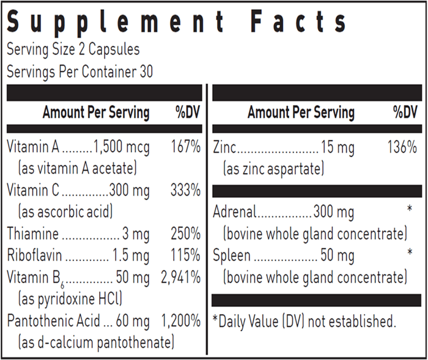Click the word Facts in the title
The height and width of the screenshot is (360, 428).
(298, 21)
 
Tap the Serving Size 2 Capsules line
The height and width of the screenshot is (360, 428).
(73, 50)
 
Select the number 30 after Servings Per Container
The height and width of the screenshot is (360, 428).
(146, 72)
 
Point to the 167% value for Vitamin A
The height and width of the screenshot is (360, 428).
(186, 147)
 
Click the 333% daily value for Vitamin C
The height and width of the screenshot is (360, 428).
(186, 190)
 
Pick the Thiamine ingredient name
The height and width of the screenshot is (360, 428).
(33, 233)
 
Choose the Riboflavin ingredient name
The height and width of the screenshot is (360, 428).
(34, 255)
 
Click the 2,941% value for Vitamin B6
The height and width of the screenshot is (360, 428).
(181, 277)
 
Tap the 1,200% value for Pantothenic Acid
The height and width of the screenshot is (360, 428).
(181, 321)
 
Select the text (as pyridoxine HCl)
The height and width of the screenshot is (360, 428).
(70, 299)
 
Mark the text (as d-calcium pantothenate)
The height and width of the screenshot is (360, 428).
(96, 343)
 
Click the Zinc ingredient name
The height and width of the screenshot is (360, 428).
(224, 147)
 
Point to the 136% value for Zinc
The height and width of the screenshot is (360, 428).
(402, 147)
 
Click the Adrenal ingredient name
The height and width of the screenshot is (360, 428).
(235, 212)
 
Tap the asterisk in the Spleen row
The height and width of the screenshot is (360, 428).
(410, 252)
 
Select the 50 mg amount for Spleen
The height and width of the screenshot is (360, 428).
(338, 256)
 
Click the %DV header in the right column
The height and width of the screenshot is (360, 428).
(405, 112)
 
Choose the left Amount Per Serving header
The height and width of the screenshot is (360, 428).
(96, 112)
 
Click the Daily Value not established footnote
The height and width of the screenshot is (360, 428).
(304, 321)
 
